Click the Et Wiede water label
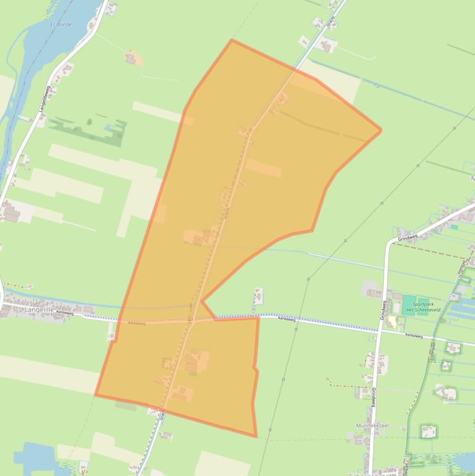point(61,25)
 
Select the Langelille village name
point(20,308)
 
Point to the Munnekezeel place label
point(371,426)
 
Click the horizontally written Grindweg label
point(408,237)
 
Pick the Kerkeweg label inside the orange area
point(137,323)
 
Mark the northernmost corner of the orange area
point(232,40)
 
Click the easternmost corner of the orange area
point(380,130)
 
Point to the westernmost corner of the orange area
point(95,394)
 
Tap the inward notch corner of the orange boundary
point(202,302)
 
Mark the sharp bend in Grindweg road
point(389,242)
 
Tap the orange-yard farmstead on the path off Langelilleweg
point(132,59)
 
